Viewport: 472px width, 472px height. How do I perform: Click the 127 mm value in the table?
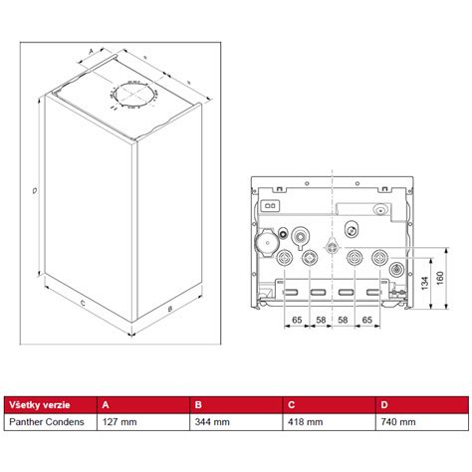[x=118, y=422]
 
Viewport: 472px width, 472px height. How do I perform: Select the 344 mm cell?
[x=210, y=422]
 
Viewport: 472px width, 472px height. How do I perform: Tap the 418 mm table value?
[x=304, y=422]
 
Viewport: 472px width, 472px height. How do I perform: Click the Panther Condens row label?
[x=46, y=422]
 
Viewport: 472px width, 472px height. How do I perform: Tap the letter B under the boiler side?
[x=170, y=311]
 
